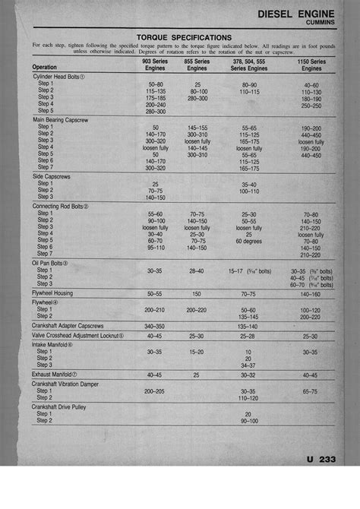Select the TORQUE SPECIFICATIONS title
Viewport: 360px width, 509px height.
tap(184, 36)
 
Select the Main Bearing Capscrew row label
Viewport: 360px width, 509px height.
tap(63, 120)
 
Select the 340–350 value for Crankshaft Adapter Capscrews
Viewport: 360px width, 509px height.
tap(155, 325)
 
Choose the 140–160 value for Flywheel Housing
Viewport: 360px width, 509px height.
tap(310, 292)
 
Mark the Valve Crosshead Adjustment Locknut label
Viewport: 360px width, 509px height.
tap(78, 335)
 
